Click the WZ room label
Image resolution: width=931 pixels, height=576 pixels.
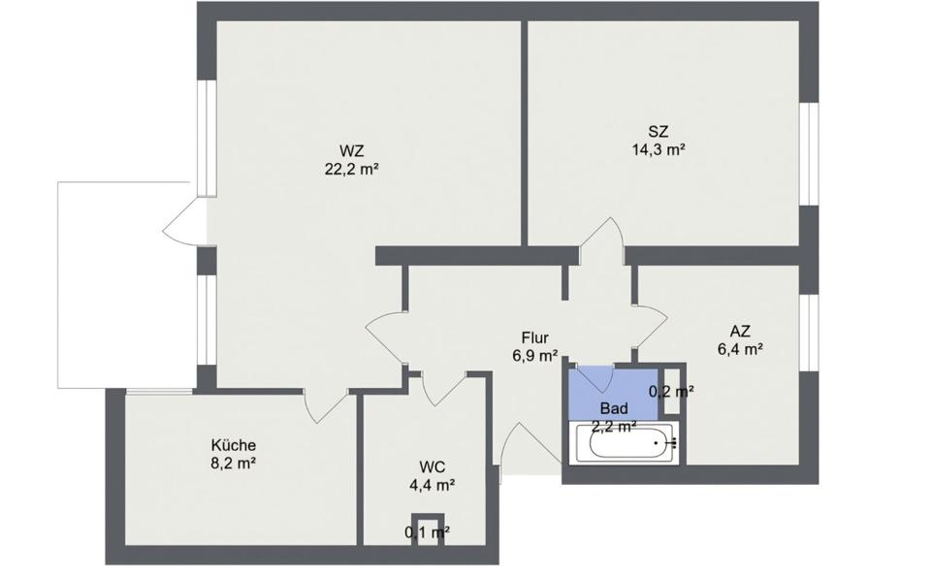coord(351,150)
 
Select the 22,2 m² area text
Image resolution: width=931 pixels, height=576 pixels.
coord(351,169)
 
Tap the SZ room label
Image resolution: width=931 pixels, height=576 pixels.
coord(658,131)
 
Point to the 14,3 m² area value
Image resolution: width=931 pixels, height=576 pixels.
coord(658,149)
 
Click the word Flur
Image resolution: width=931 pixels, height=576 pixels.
coord(535,337)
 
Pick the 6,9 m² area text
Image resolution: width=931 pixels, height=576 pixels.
coord(535,356)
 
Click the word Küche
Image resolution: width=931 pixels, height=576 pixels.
coord(233,445)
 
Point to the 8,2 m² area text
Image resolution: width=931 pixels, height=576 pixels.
coord(233,464)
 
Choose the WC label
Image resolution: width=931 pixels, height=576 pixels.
coord(433,465)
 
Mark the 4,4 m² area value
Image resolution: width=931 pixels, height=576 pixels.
coord(433,484)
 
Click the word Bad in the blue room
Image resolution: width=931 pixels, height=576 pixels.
coord(613,408)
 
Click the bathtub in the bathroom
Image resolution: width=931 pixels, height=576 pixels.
coord(621,444)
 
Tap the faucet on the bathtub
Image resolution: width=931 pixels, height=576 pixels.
coord(669,443)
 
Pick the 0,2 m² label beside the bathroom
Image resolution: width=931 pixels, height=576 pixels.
coord(670,392)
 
